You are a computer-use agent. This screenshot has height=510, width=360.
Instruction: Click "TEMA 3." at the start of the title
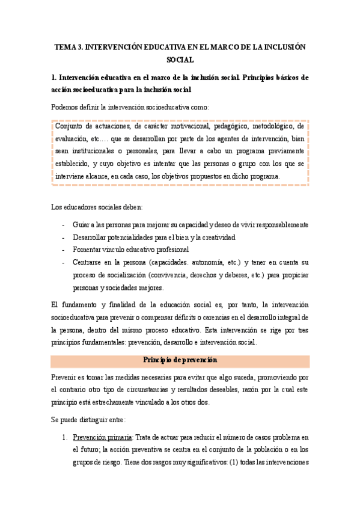70,46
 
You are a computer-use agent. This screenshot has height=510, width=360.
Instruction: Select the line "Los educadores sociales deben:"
96,207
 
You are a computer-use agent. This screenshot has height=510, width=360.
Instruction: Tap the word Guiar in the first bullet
82,225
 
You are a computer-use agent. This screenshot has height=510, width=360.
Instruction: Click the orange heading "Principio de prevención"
180,360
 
